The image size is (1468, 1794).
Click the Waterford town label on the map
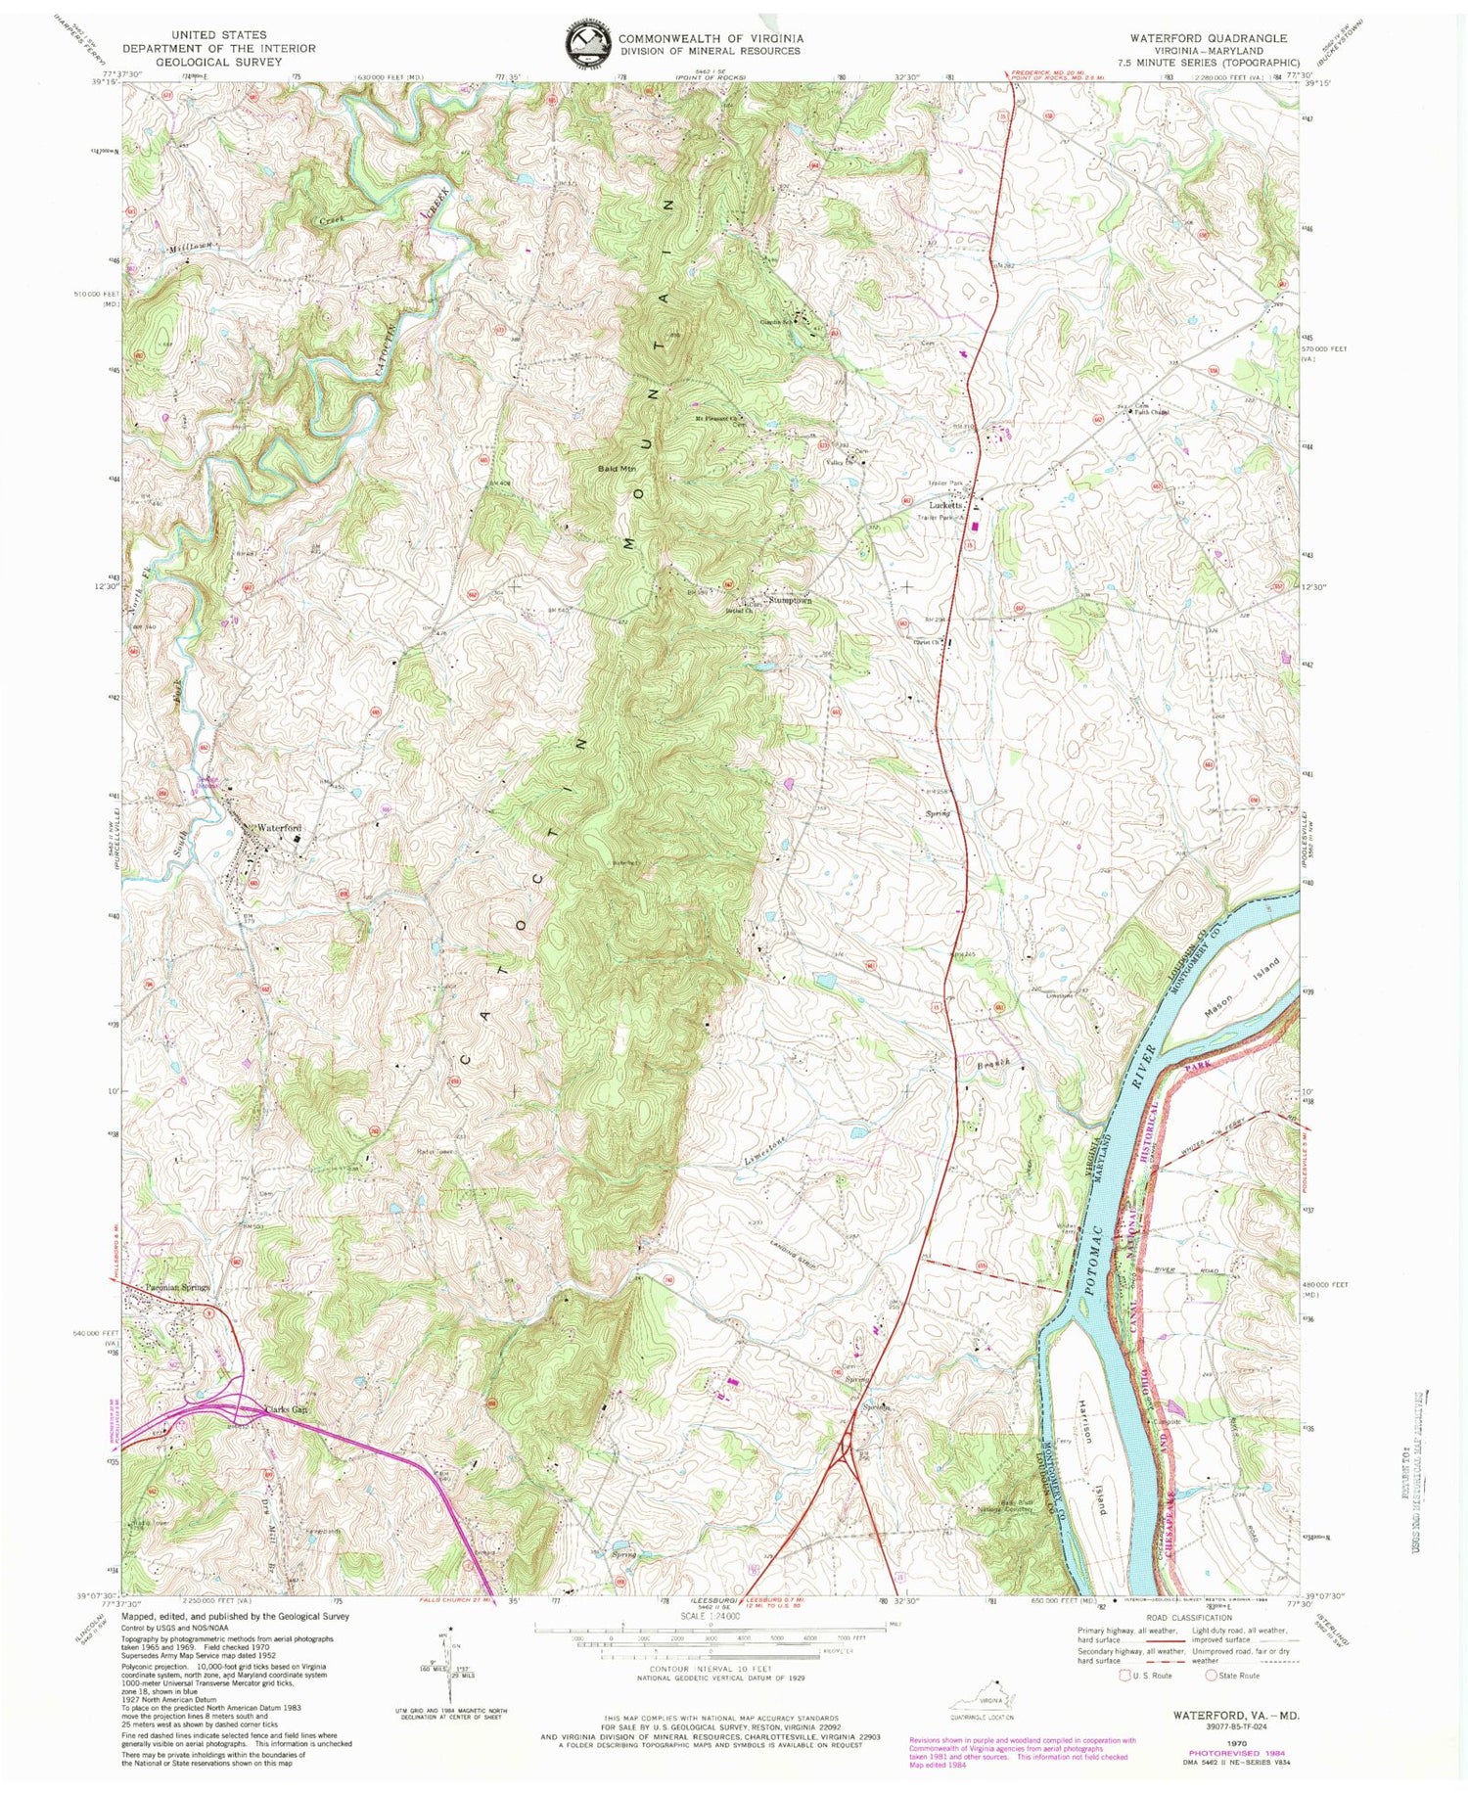tap(278, 829)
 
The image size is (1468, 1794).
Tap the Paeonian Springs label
tap(176, 1288)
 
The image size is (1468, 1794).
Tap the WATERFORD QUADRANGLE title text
tap(1209, 38)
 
